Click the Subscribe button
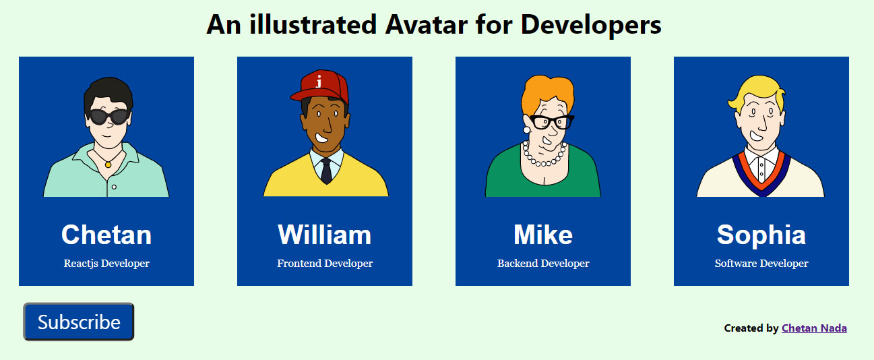tap(79, 322)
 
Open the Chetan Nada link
tap(814, 328)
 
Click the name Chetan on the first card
tap(106, 235)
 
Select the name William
tap(324, 235)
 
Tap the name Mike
tap(543, 235)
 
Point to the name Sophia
tap(761, 235)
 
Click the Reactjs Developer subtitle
tap(106, 264)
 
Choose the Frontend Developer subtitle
tap(325, 264)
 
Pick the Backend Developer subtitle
tap(543, 264)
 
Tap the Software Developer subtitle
tap(761, 264)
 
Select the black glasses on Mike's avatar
tap(551, 122)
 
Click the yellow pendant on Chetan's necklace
tap(108, 164)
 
